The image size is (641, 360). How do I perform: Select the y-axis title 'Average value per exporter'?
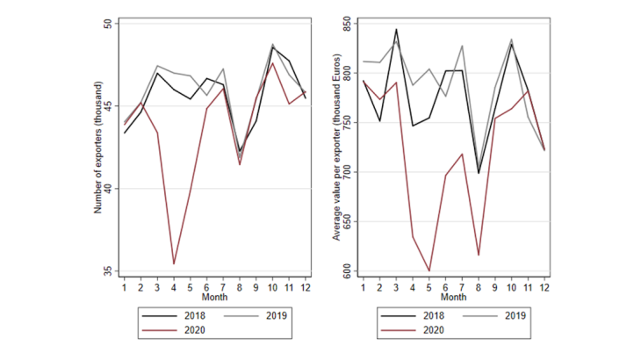336,147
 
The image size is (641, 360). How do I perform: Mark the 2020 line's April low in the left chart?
174,263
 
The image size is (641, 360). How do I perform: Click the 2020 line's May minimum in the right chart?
429,270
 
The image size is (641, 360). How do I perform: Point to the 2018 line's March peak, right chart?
396,29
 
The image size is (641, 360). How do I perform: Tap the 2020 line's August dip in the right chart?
479,255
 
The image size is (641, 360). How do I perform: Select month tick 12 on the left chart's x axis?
305,285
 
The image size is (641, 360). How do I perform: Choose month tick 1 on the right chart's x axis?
364,285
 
